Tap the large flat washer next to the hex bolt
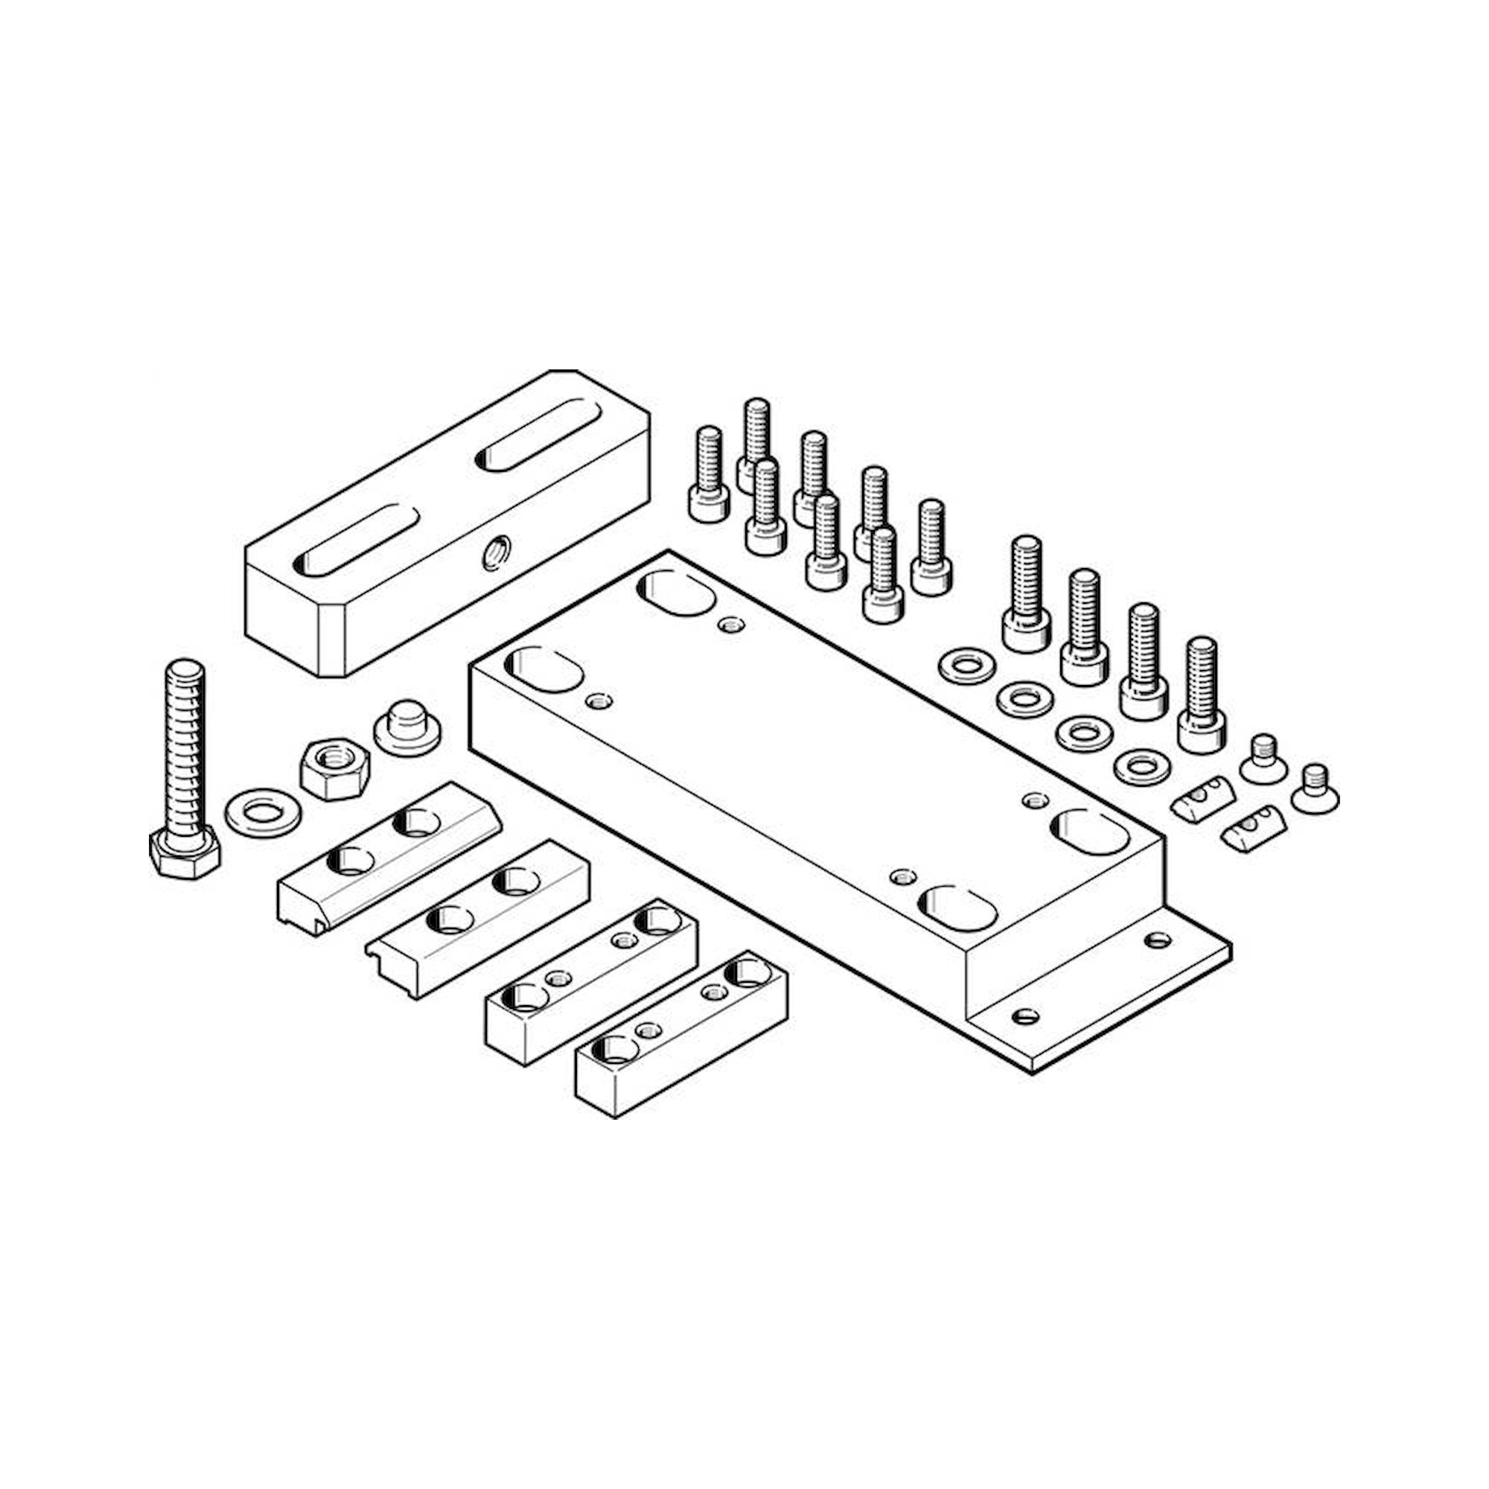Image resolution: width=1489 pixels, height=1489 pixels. [262, 812]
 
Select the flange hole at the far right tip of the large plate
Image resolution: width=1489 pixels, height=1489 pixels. [1158, 940]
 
